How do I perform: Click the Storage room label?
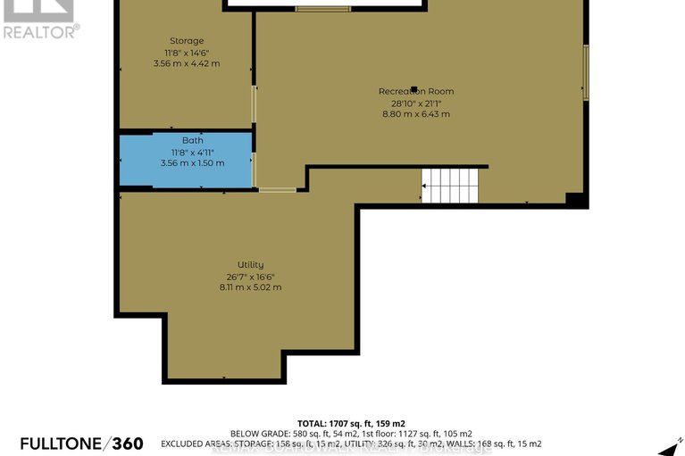[x=187, y=41]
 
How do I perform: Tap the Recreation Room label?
[x=415, y=92]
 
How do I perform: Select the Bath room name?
[x=192, y=141]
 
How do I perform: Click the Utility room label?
[x=250, y=265]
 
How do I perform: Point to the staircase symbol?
[x=451, y=186]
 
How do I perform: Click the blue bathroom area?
[x=143, y=161]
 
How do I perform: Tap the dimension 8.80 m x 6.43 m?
[x=415, y=114]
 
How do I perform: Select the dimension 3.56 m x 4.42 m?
[x=187, y=64]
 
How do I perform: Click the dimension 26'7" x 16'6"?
[x=250, y=276]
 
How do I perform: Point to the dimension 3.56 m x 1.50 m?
[x=192, y=163]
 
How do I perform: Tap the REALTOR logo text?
[x=40, y=30]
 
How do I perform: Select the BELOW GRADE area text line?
[x=351, y=433]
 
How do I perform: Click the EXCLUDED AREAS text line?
[x=351, y=444]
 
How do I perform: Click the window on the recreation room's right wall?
[x=586, y=71]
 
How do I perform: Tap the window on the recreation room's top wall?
[x=322, y=10]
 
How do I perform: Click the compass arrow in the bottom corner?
[x=666, y=448]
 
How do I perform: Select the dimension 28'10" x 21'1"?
[x=415, y=104]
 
